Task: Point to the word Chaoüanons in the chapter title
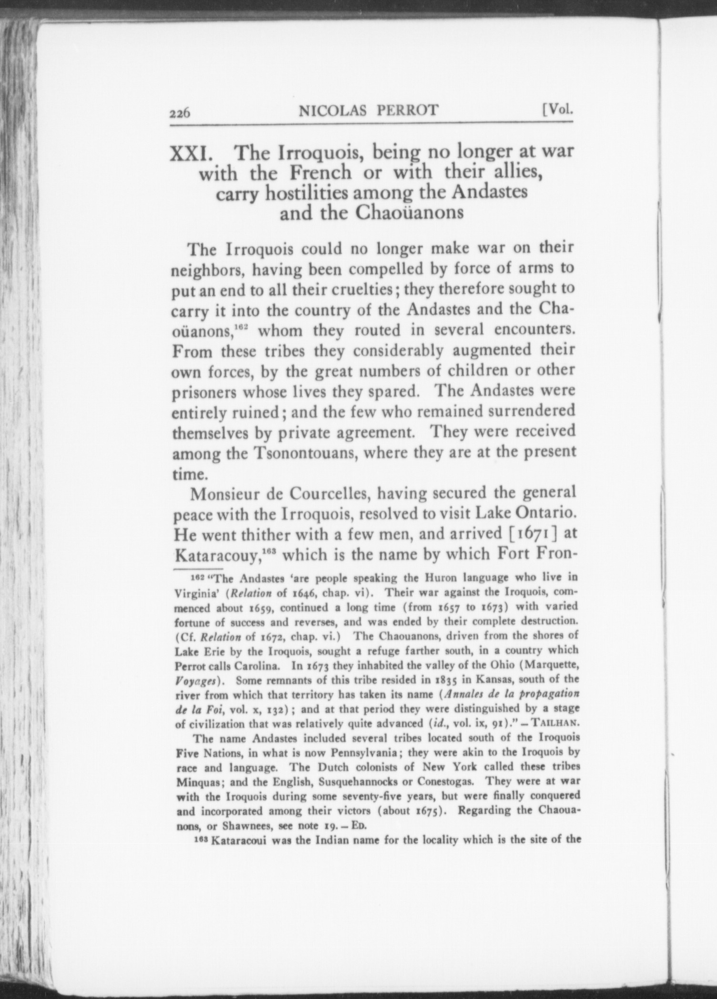(x=410, y=213)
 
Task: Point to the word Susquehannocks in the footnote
(x=356, y=782)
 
